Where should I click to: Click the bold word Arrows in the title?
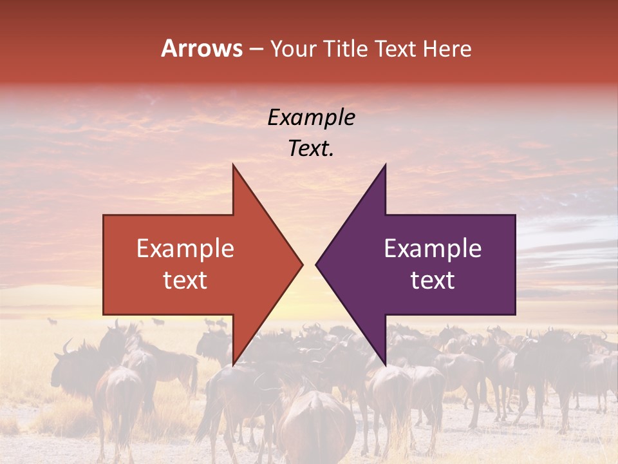[202, 48]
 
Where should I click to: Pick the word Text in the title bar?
[396, 49]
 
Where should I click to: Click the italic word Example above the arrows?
[311, 117]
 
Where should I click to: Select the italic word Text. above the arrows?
[311, 148]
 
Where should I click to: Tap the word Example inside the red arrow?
[185, 249]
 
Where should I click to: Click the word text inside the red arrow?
[185, 280]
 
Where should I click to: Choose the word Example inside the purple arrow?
[433, 249]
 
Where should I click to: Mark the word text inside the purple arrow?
[433, 280]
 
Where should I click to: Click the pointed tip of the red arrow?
[302, 264]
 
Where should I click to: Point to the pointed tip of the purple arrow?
[316, 264]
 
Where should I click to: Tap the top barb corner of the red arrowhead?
[233, 165]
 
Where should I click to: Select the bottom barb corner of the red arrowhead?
[233, 364]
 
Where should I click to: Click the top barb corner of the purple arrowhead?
[385, 165]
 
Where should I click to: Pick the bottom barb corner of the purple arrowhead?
[385, 364]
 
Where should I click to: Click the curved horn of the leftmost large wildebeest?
[66, 347]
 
